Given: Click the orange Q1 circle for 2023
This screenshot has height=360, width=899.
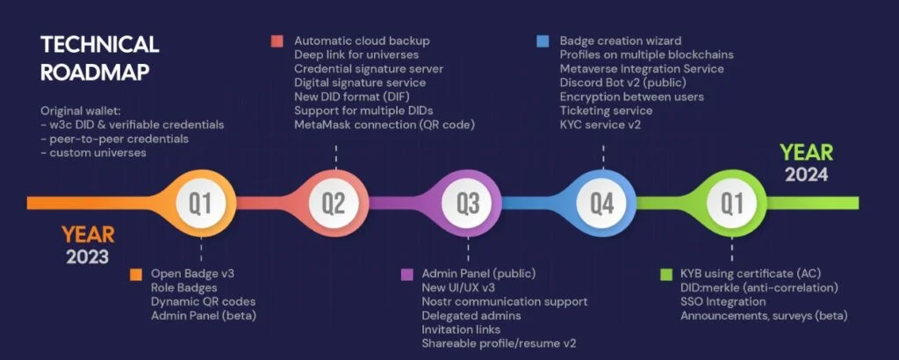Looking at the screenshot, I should coord(201,204).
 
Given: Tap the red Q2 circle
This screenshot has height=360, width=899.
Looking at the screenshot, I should coord(334,204).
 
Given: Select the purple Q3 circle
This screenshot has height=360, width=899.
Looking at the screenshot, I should coord(467,204).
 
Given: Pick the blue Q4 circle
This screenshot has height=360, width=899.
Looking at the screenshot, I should coord(601,204).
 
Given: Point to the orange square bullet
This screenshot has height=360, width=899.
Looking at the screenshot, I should coord(135,274).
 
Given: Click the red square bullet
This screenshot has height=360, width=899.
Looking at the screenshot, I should coord(277,41).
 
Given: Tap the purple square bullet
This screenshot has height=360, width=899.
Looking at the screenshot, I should coord(406,274).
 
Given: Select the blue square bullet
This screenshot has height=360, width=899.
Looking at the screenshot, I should coord(542,41).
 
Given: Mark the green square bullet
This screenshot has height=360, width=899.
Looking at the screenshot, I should coord(666,274).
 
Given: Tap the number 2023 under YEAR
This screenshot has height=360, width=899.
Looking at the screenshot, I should coord(87,256).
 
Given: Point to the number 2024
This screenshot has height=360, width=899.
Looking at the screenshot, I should coord(807,174).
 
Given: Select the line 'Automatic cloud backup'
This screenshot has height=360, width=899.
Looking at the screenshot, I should coord(362,41).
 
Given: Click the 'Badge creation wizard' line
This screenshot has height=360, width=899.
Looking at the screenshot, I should coord(621,41).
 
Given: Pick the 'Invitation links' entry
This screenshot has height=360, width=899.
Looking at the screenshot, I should coord(464,329).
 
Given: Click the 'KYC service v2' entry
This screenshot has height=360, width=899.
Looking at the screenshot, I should coord(603,125).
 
